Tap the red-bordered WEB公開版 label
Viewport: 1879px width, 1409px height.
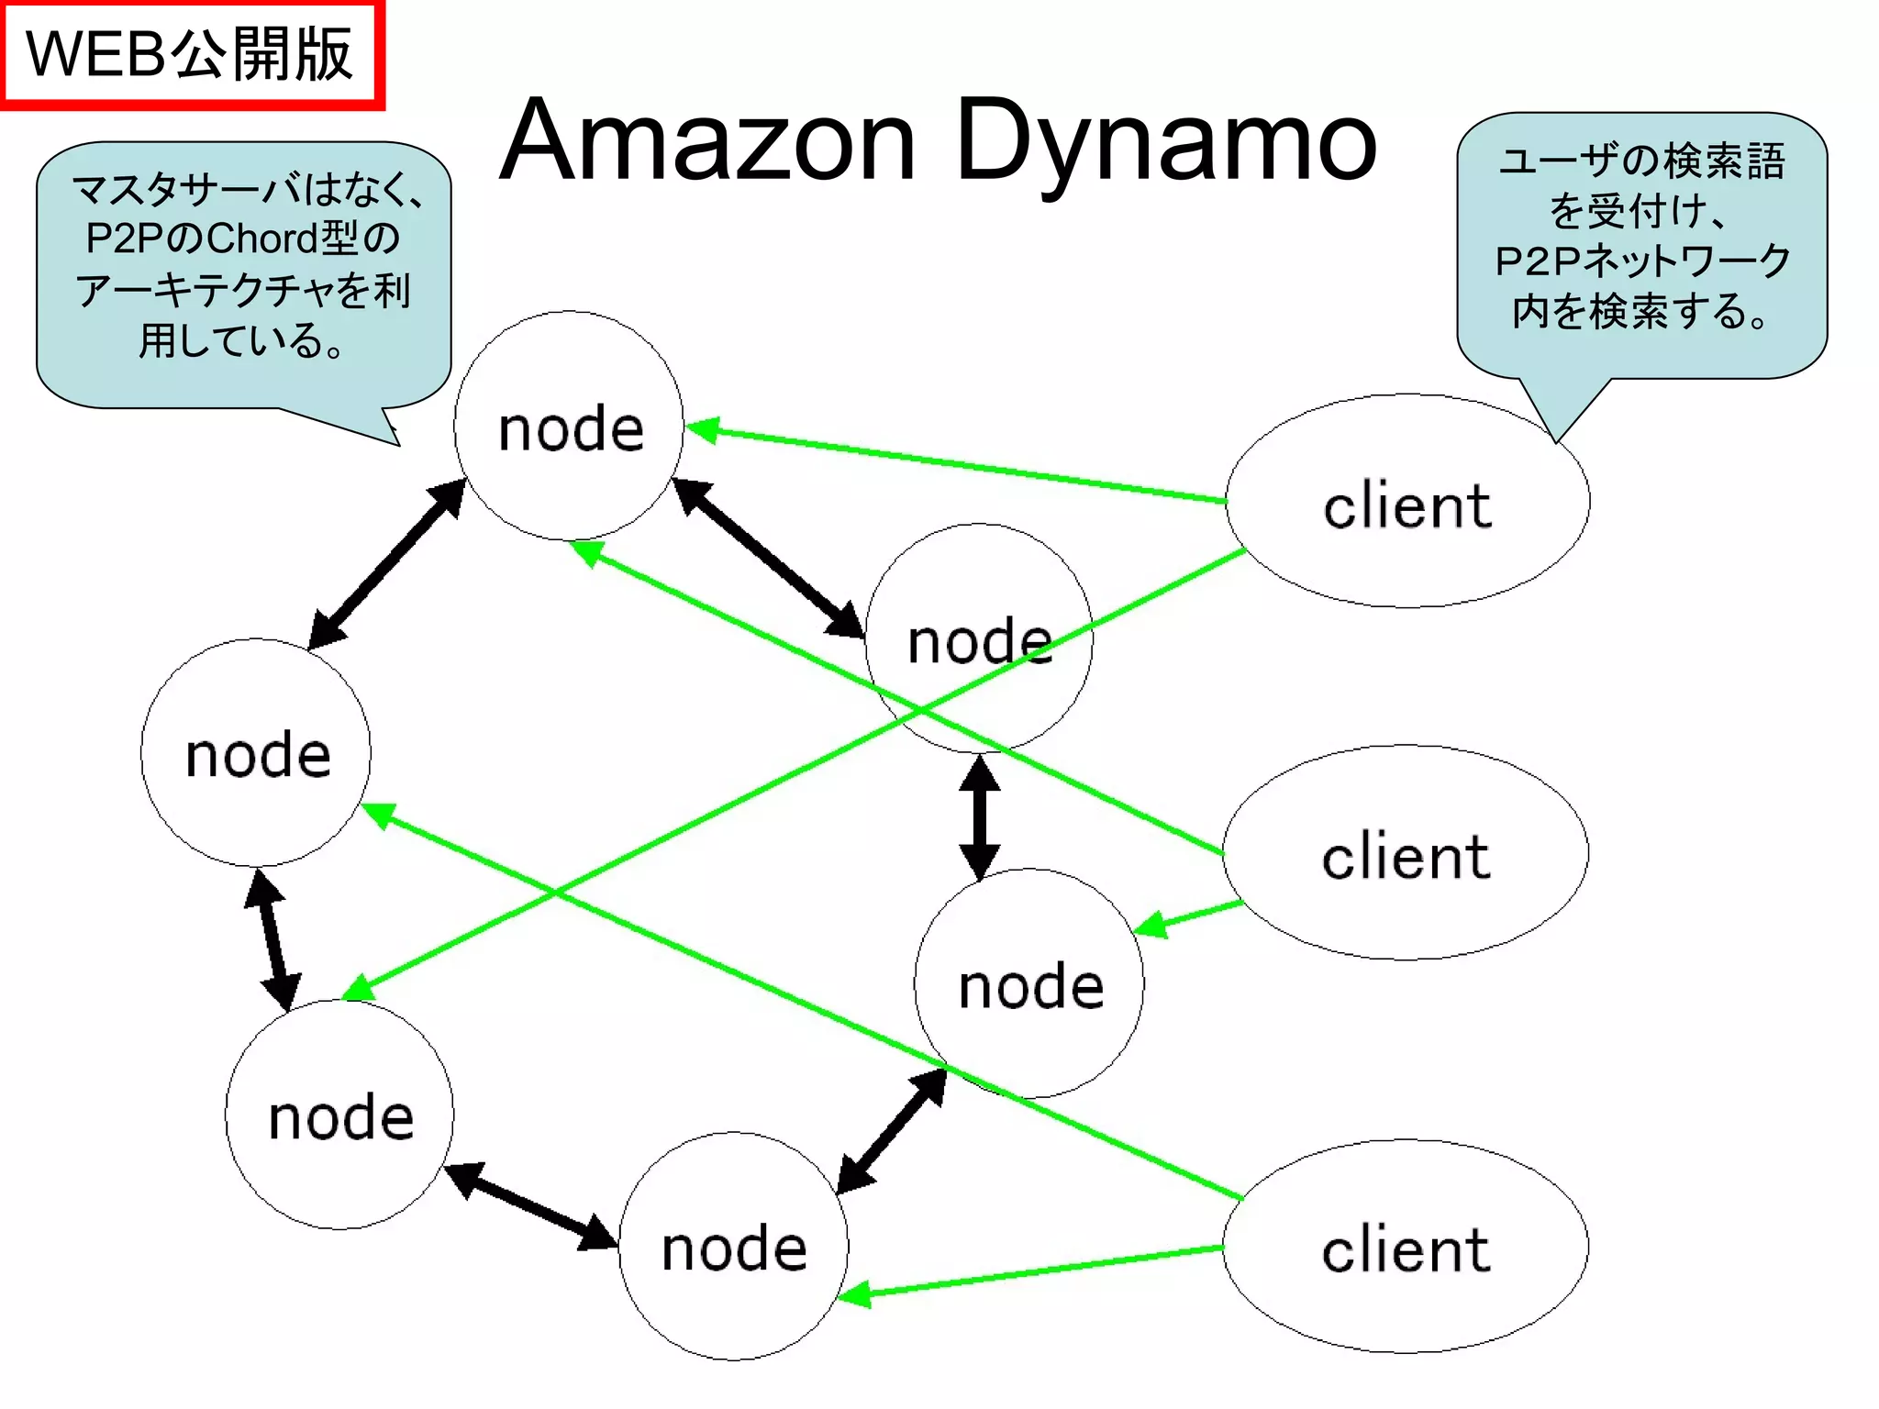click(190, 55)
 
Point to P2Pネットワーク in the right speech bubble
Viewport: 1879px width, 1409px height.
click(1642, 261)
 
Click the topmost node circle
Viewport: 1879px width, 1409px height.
click(569, 427)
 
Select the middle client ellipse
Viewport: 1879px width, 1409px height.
click(1406, 853)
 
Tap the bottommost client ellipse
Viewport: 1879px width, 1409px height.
click(1406, 1248)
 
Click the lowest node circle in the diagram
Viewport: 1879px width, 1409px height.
click(733, 1248)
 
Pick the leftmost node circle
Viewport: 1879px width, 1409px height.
click(256, 753)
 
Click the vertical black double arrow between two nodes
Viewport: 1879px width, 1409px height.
click(979, 816)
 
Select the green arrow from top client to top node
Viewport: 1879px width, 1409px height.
click(954, 463)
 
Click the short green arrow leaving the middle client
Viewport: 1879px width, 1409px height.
click(1189, 916)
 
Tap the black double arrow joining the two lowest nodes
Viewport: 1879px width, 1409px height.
click(530, 1205)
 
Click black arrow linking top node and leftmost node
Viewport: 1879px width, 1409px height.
click(386, 564)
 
